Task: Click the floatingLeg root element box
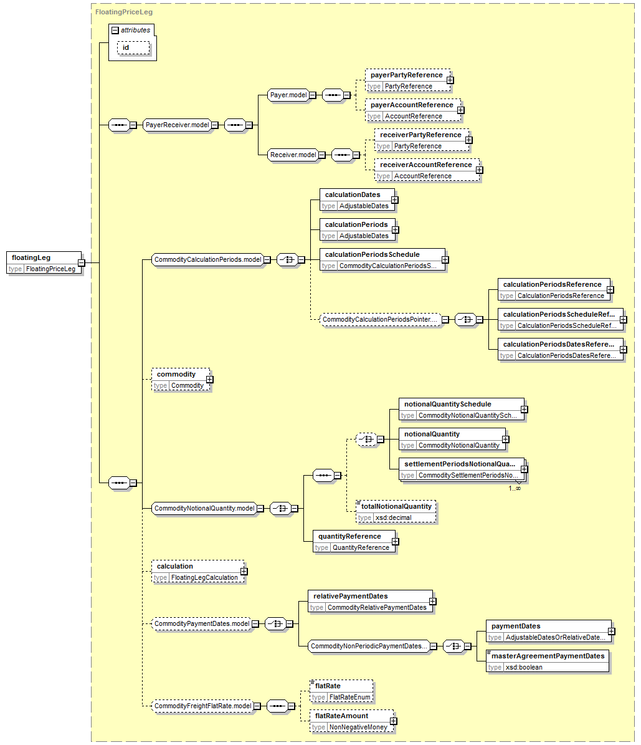click(x=44, y=262)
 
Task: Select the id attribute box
click(x=133, y=47)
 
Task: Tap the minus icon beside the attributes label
click(x=115, y=31)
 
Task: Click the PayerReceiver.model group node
click(x=177, y=125)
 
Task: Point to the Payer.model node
click(x=288, y=95)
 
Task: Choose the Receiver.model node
click(x=293, y=155)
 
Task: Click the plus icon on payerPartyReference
click(x=450, y=80)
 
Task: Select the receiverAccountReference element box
click(x=427, y=170)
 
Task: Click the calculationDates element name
click(x=353, y=195)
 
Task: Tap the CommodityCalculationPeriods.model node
click(x=207, y=260)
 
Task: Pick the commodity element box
click(x=181, y=380)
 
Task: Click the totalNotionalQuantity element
click(x=396, y=512)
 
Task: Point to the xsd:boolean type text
click(x=524, y=667)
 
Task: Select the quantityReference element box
click(x=354, y=542)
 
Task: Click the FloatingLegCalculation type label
click(x=205, y=578)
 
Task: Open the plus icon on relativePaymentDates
click(x=432, y=602)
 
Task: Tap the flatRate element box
click(x=341, y=691)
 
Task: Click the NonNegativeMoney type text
click(x=358, y=728)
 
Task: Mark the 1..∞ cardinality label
click(x=515, y=488)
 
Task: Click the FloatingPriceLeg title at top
click(x=124, y=12)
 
